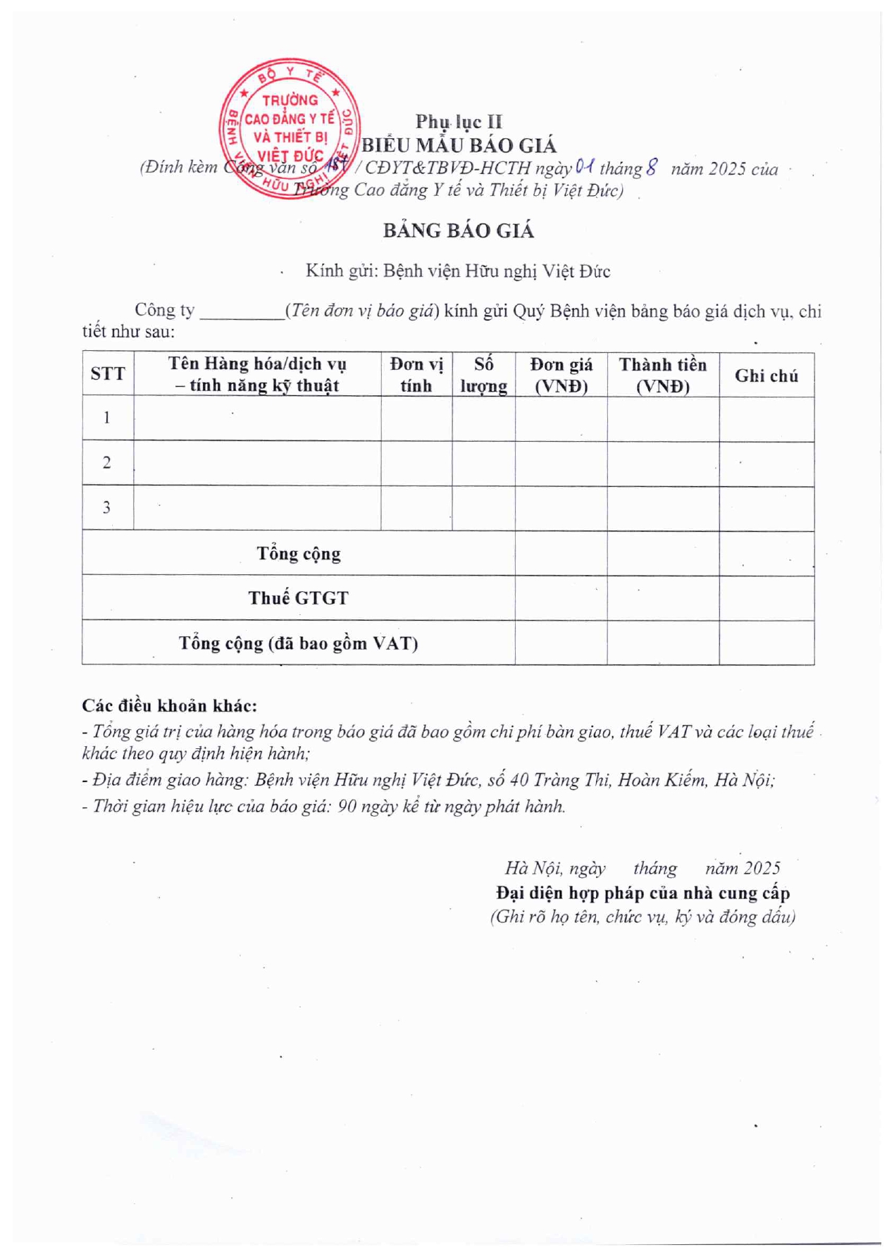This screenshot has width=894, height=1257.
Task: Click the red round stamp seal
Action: pyautogui.click(x=289, y=128)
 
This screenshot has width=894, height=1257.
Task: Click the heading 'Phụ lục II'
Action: pyautogui.click(x=459, y=122)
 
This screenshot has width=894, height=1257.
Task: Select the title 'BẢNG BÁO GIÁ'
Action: pyautogui.click(x=459, y=230)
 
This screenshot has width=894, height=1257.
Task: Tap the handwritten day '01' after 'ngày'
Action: pyautogui.click(x=585, y=167)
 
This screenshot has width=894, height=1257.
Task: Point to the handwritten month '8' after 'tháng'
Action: pyautogui.click(x=652, y=167)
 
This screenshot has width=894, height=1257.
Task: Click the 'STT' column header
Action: pyautogui.click(x=108, y=374)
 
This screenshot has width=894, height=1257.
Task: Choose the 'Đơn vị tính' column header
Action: pyautogui.click(x=416, y=374)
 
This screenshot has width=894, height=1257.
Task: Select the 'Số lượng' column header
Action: pyautogui.click(x=483, y=374)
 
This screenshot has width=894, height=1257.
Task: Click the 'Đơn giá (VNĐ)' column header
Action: pyautogui.click(x=561, y=374)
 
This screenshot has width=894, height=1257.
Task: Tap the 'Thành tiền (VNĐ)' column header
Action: pyautogui.click(x=662, y=374)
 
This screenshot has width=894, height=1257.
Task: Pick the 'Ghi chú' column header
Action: pyautogui.click(x=766, y=376)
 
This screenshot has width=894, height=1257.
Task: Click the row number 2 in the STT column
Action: pyautogui.click(x=107, y=463)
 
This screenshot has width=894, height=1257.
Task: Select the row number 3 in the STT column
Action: pyautogui.click(x=107, y=507)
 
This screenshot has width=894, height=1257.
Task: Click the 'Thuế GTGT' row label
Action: pyautogui.click(x=298, y=598)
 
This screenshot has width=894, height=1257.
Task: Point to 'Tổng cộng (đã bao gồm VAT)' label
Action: pyautogui.click(x=298, y=643)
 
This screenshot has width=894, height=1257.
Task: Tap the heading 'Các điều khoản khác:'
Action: pyautogui.click(x=170, y=705)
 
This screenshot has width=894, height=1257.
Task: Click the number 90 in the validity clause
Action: pyautogui.click(x=347, y=806)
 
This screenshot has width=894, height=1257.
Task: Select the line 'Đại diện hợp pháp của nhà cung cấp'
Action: pyautogui.click(x=642, y=893)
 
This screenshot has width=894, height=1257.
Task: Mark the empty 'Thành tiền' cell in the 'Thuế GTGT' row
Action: pyautogui.click(x=662, y=598)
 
